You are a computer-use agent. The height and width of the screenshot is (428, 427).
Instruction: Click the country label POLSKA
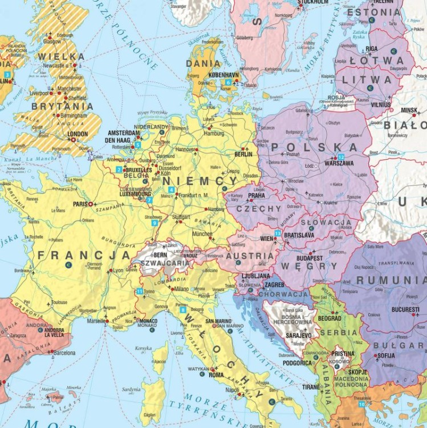tap(315, 147)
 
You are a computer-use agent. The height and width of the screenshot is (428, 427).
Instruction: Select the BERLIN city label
tap(243, 154)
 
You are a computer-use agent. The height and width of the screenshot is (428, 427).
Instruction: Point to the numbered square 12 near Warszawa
tap(341, 157)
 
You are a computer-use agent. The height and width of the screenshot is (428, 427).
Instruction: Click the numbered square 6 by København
tap(228, 82)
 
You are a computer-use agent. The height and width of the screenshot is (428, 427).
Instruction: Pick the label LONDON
tap(78, 134)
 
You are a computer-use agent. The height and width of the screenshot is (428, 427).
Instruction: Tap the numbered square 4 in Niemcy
tap(170, 189)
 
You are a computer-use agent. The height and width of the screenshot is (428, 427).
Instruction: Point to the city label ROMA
tap(216, 375)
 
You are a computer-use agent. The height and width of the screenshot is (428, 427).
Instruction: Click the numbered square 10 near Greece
tap(362, 404)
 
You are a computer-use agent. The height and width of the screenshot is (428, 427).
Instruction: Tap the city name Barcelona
tap(64, 353)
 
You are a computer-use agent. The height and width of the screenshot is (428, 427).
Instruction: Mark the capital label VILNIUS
tap(381, 105)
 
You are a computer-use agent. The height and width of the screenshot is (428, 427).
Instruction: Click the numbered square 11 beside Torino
tap(140, 292)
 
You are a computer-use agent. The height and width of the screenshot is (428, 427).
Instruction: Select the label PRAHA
tap(256, 195)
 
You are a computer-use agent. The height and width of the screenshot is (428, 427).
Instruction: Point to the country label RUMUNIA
tap(391, 280)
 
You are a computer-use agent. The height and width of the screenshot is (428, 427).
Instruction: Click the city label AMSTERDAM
tap(123, 132)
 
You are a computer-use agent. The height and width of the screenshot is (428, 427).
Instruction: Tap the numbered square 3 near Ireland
tap(7, 75)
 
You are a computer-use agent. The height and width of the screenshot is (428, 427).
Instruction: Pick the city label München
tap(203, 234)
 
